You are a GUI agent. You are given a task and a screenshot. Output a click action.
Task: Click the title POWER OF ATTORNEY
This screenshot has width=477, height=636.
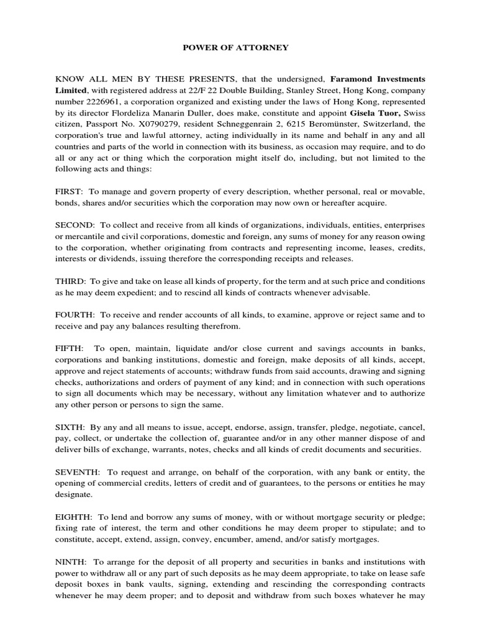(238, 47)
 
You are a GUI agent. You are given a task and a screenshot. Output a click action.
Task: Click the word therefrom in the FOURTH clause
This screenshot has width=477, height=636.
(219, 326)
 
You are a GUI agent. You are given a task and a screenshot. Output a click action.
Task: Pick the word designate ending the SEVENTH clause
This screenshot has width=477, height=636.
(73, 496)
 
